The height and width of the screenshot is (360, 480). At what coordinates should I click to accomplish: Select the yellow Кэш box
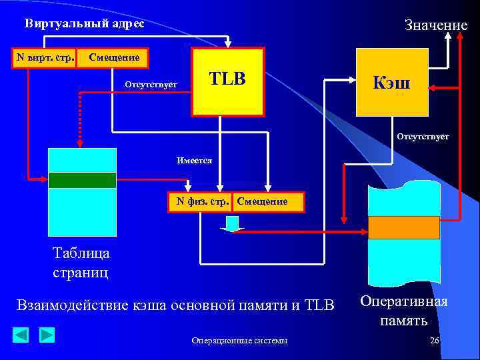click(x=392, y=83)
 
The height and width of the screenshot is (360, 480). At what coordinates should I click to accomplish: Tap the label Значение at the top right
click(x=436, y=25)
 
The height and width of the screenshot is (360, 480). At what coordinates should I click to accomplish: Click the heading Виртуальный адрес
click(x=85, y=23)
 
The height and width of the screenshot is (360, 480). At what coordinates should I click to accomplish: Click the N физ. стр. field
click(x=199, y=201)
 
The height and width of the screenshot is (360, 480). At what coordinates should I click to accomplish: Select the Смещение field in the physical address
click(x=263, y=201)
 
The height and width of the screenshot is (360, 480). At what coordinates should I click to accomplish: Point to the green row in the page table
click(x=82, y=180)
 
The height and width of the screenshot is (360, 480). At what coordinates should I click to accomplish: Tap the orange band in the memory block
click(x=404, y=227)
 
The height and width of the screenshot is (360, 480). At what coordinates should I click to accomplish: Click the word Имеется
click(x=195, y=161)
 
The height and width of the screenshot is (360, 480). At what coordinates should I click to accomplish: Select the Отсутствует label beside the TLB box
click(x=151, y=84)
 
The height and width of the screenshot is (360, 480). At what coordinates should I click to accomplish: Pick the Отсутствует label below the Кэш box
click(x=423, y=137)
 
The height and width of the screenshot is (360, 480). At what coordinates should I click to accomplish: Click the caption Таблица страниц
click(x=81, y=263)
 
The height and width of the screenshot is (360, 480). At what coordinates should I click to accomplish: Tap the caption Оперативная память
click(x=404, y=311)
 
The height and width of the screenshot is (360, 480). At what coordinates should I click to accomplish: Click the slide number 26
click(x=435, y=341)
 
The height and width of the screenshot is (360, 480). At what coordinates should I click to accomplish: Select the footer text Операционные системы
click(x=239, y=341)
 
